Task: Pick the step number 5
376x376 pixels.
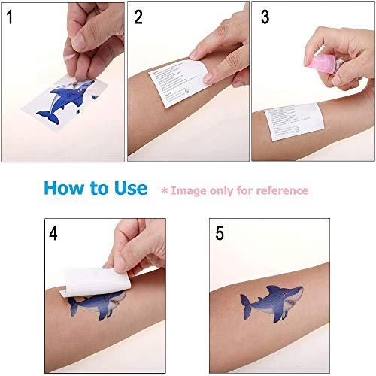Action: pos(219,233)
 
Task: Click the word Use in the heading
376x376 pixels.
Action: pos(132,189)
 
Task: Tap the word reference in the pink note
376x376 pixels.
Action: pos(280,190)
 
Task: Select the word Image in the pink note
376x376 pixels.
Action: pos(189,190)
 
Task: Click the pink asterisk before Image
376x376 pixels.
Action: pos(165,190)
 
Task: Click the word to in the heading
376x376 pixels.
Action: pos(104,190)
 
